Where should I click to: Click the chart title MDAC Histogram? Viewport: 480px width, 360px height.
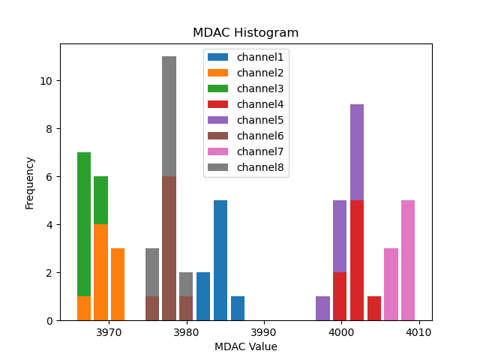(x=245, y=33)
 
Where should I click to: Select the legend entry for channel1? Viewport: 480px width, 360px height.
(x=259, y=57)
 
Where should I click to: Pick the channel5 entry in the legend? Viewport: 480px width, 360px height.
(x=259, y=120)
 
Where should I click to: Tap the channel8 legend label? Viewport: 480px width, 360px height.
(x=259, y=167)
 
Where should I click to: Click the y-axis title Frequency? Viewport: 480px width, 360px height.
(x=30, y=182)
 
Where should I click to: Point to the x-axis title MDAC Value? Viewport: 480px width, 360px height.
(x=245, y=346)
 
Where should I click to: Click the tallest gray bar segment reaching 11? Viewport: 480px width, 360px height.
(x=169, y=116)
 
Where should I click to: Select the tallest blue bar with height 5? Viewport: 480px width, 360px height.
(x=220, y=260)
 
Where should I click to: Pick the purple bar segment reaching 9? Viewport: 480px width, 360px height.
(x=357, y=152)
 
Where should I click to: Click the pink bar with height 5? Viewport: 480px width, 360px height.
(x=408, y=260)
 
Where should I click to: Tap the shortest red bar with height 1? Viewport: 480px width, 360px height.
(x=374, y=308)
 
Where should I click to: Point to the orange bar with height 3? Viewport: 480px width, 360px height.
(x=118, y=284)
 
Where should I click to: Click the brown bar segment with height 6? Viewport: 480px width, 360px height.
(x=169, y=248)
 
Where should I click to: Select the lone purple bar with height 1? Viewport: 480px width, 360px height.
(x=322, y=308)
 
